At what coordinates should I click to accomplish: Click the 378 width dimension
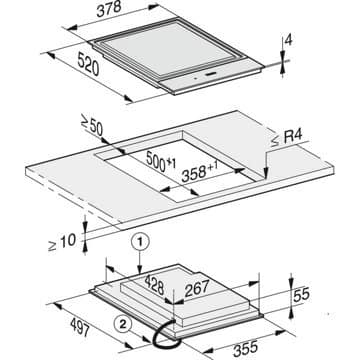tap(109, 9)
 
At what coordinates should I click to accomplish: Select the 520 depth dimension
tap(88, 64)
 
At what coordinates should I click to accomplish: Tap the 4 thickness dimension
tap(289, 41)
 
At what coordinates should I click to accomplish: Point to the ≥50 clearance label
tap(92, 126)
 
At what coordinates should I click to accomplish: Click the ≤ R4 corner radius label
tap(286, 139)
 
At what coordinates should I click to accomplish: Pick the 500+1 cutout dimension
tap(161, 161)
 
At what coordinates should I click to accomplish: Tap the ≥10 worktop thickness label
tap(62, 242)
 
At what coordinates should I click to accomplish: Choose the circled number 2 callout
tap(123, 325)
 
